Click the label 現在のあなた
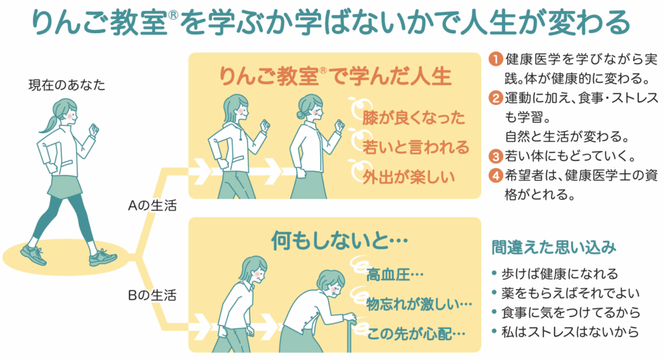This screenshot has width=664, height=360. coord(67,85)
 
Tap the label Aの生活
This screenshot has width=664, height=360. coord(152,206)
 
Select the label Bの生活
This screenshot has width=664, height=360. coord(152,295)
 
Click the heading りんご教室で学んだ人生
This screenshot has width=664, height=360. coord(335,77)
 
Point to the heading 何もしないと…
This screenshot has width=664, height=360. coord(340,241)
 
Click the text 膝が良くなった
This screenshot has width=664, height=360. coord(414,118)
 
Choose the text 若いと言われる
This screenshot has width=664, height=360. coord(416,147)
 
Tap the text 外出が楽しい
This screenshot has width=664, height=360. coord(409,177)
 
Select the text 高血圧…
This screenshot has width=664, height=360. coord(395,275)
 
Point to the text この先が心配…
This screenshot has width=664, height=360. coord(416,334)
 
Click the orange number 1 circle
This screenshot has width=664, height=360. coord(495,59)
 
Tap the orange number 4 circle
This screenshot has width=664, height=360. coord(495,175)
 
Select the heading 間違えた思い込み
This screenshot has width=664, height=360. coord(554,247)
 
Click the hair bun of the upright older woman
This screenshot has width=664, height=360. coord(301,115)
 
